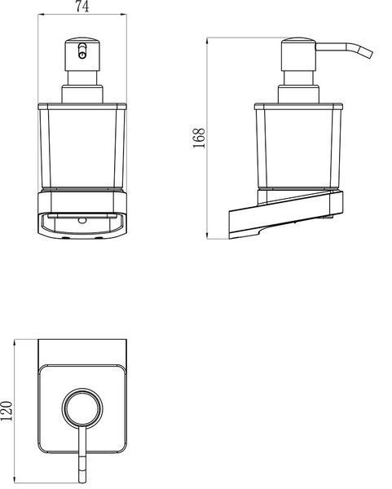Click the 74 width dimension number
tap(82, 7)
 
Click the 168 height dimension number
tap(199, 138)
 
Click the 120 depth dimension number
tap(7, 411)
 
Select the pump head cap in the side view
tap(299, 55)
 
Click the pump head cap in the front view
tap(82, 55)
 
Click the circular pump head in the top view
tap(82, 407)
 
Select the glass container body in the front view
tap(82, 146)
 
